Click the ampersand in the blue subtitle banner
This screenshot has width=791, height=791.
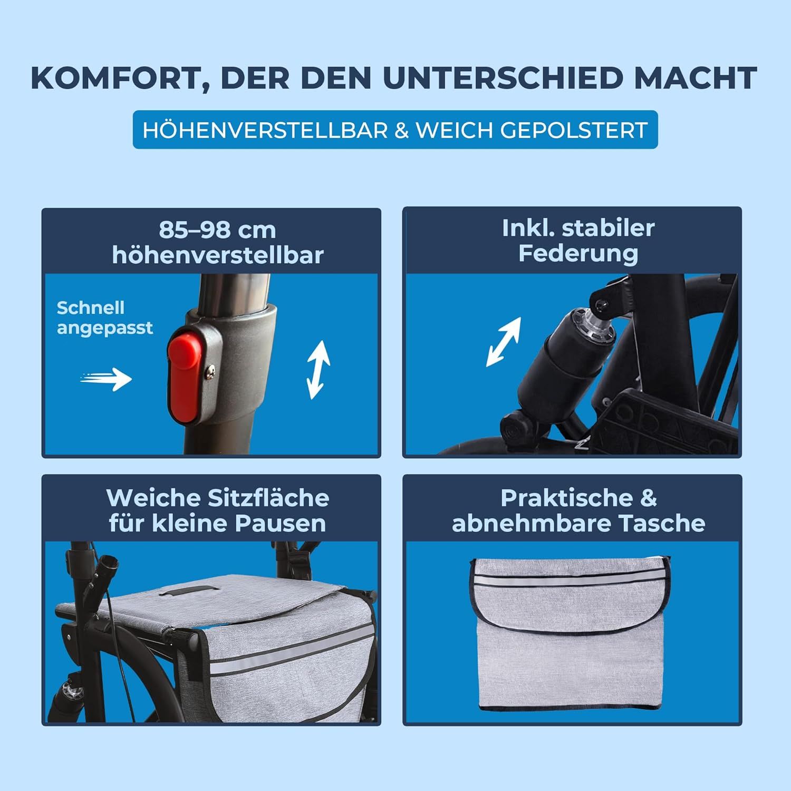(x=401, y=130)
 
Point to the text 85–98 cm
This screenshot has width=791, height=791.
(x=217, y=230)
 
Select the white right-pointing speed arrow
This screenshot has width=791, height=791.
(x=108, y=379)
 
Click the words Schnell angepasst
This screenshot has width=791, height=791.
(x=104, y=317)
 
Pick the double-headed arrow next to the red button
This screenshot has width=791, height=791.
(x=319, y=369)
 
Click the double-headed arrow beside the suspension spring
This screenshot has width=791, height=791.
(x=504, y=342)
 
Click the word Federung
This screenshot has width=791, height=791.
(x=578, y=253)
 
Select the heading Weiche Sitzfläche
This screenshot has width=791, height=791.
(x=217, y=498)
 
